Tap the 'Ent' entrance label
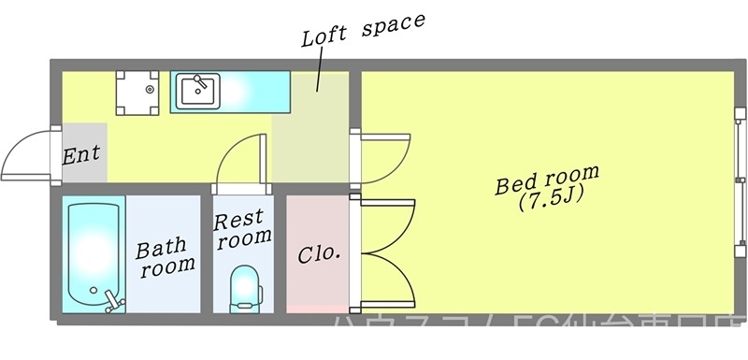click(81, 154)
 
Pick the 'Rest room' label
click(242, 228)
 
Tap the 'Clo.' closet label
click(318, 253)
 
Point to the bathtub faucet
click(114, 301)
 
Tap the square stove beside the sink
click(138, 91)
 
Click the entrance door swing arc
click(26, 154)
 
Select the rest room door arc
click(241, 159)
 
